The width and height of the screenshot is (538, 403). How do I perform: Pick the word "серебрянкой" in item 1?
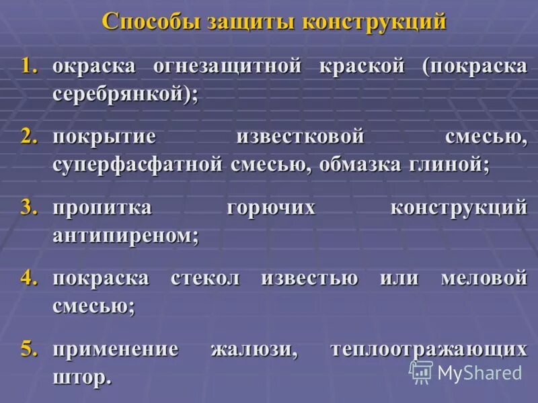pyautogui.click(x=118, y=94)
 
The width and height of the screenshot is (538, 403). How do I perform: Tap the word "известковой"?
pyautogui.click(x=300, y=137)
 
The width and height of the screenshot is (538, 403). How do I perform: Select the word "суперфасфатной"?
pyautogui.click(x=137, y=165)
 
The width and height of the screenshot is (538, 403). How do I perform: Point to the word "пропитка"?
pyautogui.click(x=102, y=208)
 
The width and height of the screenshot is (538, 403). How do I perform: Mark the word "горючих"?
pyautogui.click(x=271, y=208)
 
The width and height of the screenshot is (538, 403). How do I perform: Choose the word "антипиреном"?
pyautogui.click(x=121, y=236)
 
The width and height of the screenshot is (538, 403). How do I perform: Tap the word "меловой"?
pyautogui.click(x=484, y=278)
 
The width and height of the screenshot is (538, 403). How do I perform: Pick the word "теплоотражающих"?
pyautogui.click(x=428, y=349)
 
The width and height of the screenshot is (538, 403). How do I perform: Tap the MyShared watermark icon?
pyautogui.click(x=421, y=371)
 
